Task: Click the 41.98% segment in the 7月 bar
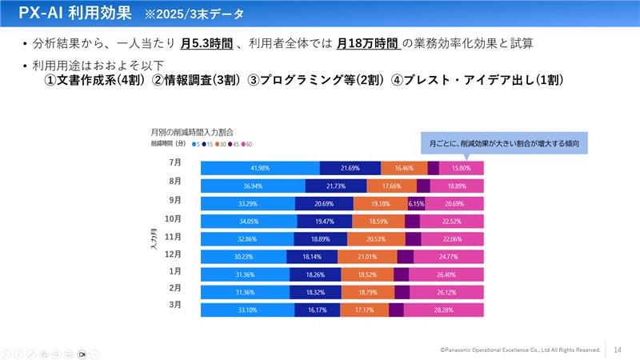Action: (259, 168)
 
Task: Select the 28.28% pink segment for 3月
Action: (443, 310)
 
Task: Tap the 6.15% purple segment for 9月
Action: (416, 203)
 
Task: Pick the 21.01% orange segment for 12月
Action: (367, 257)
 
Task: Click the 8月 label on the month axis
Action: (175, 181)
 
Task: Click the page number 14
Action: (618, 350)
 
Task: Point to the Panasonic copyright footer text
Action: (520, 350)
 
